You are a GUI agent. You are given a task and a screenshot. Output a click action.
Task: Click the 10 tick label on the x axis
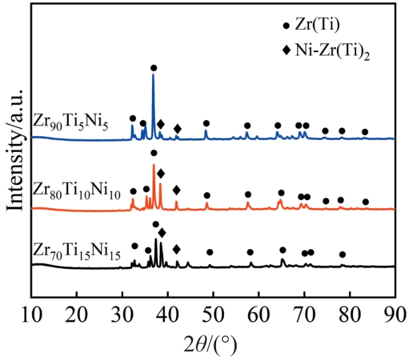[x=31, y=312]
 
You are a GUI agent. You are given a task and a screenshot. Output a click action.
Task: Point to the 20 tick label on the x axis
[x=77, y=312]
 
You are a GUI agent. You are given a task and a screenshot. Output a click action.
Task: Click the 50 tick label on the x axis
[x=213, y=312]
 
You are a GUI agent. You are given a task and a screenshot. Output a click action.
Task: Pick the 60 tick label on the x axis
[x=258, y=312]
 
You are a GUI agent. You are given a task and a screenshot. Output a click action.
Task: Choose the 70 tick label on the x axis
[x=304, y=312]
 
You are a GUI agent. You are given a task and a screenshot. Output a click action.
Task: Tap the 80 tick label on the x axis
[x=350, y=312]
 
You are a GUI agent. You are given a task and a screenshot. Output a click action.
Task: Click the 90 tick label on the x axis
[x=394, y=312]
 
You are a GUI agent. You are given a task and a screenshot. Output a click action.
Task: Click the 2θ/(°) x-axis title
[x=212, y=343]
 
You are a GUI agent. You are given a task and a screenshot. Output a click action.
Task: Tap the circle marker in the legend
[x=285, y=26]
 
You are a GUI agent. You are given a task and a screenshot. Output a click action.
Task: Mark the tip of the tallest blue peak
[x=153, y=75]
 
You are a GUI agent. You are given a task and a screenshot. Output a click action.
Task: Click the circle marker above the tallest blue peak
[x=154, y=67]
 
